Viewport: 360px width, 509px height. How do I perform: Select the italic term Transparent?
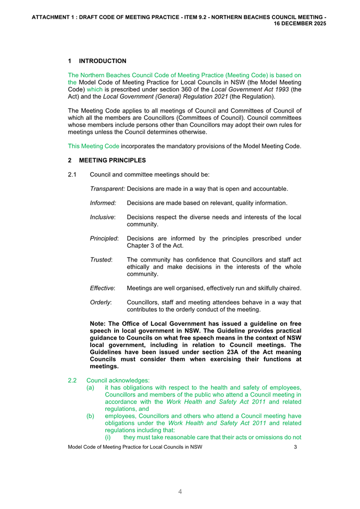pos(107,189)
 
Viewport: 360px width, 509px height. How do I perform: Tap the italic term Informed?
pos(102,203)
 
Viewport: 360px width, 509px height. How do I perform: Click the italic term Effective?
pos(102,288)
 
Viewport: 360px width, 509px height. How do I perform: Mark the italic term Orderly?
pos(100,303)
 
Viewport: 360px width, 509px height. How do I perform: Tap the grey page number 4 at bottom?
pos(180,492)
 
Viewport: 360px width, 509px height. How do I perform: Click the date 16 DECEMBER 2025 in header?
pos(300,24)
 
